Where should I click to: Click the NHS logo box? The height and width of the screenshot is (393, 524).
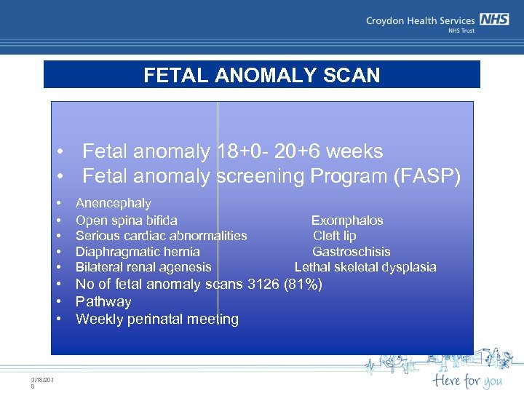tap(493, 20)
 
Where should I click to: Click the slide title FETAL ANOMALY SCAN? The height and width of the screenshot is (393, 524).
tap(261, 76)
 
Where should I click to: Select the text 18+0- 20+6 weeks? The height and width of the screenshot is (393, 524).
tap(300, 151)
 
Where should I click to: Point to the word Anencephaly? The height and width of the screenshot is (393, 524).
tap(114, 203)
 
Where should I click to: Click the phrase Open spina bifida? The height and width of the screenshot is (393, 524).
tap(127, 220)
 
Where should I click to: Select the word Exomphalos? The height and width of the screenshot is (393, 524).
tap(347, 220)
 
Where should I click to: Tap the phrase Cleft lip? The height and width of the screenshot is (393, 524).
tap(335, 236)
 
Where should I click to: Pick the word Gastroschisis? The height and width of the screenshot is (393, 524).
tap(351, 252)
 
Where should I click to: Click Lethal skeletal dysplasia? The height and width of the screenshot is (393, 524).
tap(365, 267)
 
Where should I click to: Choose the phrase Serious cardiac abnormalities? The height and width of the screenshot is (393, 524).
tap(161, 236)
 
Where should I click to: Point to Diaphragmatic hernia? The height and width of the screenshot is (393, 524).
tap(138, 252)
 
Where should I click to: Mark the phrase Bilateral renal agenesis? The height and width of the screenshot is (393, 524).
tap(143, 267)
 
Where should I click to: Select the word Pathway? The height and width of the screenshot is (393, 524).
tap(103, 301)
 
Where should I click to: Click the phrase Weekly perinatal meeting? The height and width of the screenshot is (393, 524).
tap(156, 319)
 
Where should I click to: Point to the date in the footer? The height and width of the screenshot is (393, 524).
tap(42, 381)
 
